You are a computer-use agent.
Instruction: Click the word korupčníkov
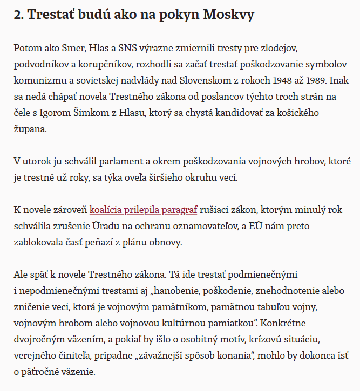click(x=101, y=65)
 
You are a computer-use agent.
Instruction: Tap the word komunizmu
click(x=37, y=81)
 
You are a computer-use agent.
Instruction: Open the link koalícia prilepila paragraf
click(x=144, y=210)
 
